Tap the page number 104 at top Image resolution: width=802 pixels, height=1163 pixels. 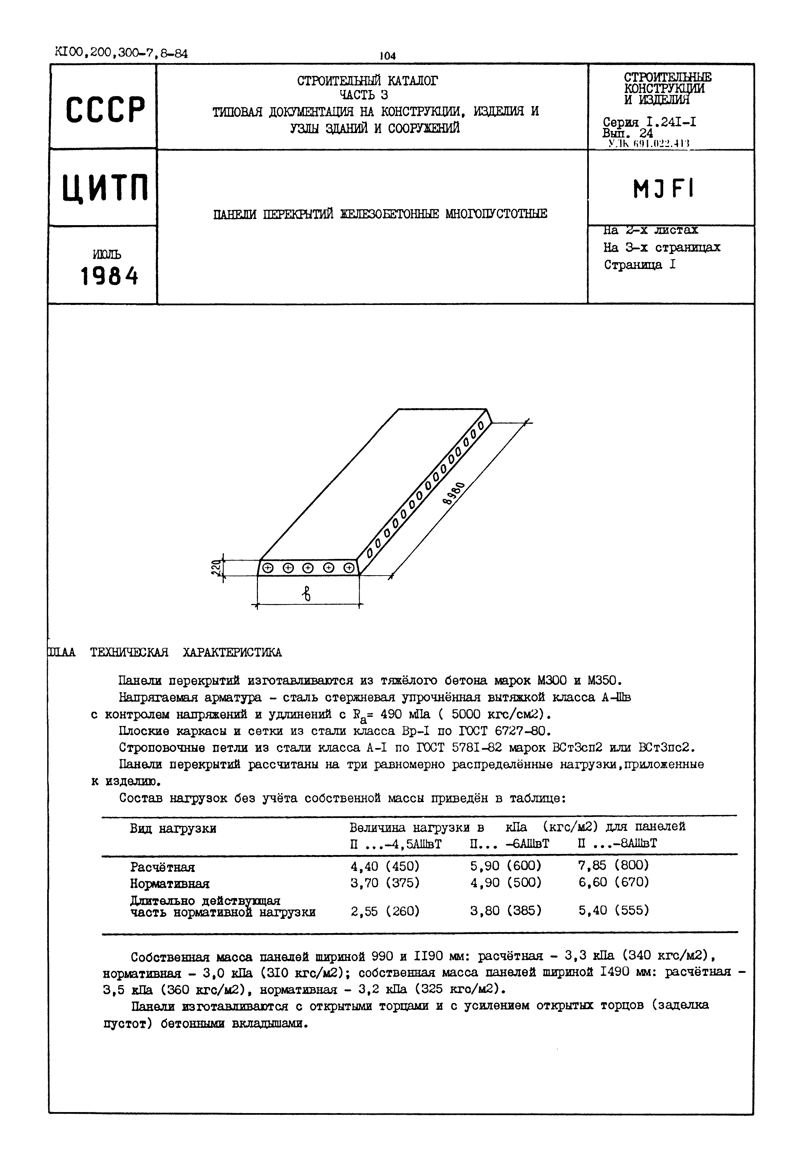tap(388, 56)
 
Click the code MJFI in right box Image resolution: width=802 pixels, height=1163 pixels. tap(663, 189)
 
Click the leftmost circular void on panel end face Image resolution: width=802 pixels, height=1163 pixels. tap(268, 568)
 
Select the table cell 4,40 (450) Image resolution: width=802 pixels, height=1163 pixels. tap(385, 866)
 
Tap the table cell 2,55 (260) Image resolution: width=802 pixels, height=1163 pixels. tap(385, 911)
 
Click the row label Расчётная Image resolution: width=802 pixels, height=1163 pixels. tap(162, 867)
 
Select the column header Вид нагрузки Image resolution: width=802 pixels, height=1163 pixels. tap(173, 829)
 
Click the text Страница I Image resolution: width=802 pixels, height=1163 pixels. tap(640, 265)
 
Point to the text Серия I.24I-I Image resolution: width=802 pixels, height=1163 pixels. tap(649, 122)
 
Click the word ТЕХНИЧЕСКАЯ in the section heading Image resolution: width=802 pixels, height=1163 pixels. tap(129, 652)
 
